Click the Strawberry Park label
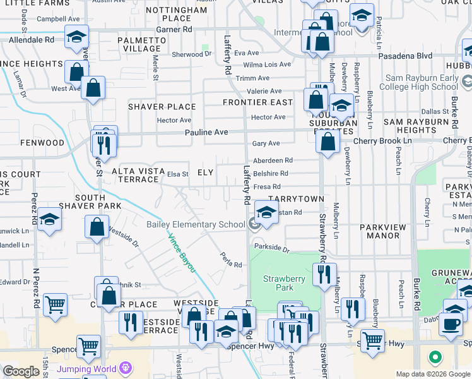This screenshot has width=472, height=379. (284, 283)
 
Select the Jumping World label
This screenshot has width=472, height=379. (86, 368)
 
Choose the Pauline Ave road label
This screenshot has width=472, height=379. (206, 133)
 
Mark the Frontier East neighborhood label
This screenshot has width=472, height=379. (257, 102)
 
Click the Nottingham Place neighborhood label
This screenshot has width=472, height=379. (177, 14)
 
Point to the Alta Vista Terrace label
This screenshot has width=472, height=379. (136, 176)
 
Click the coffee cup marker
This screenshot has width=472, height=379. (451, 323)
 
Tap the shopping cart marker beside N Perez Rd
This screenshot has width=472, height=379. (56, 304)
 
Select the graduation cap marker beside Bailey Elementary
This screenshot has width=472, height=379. (267, 229)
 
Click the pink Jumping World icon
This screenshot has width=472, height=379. (126, 368)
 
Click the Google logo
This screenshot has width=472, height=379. (21, 372)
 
